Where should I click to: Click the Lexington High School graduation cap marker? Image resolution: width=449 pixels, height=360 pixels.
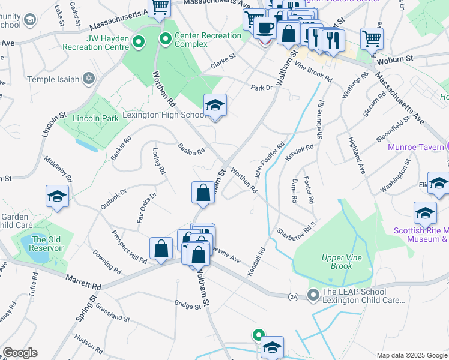tap(215, 106)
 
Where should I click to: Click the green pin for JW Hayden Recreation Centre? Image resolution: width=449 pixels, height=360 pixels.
tap(139, 42)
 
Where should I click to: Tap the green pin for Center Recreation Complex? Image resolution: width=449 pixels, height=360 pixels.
tap(166, 40)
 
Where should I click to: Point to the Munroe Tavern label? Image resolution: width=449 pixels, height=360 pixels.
tap(414, 147)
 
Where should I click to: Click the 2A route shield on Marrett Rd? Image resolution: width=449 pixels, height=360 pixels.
tap(293, 296)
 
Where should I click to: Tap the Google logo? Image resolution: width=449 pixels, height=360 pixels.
tap(20, 353)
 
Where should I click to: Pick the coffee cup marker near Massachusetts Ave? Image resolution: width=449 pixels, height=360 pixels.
tap(265, 28)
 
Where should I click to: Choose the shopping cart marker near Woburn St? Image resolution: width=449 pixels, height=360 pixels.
tap(372, 38)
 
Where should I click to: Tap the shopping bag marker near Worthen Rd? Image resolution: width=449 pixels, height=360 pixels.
tap(203, 193)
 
